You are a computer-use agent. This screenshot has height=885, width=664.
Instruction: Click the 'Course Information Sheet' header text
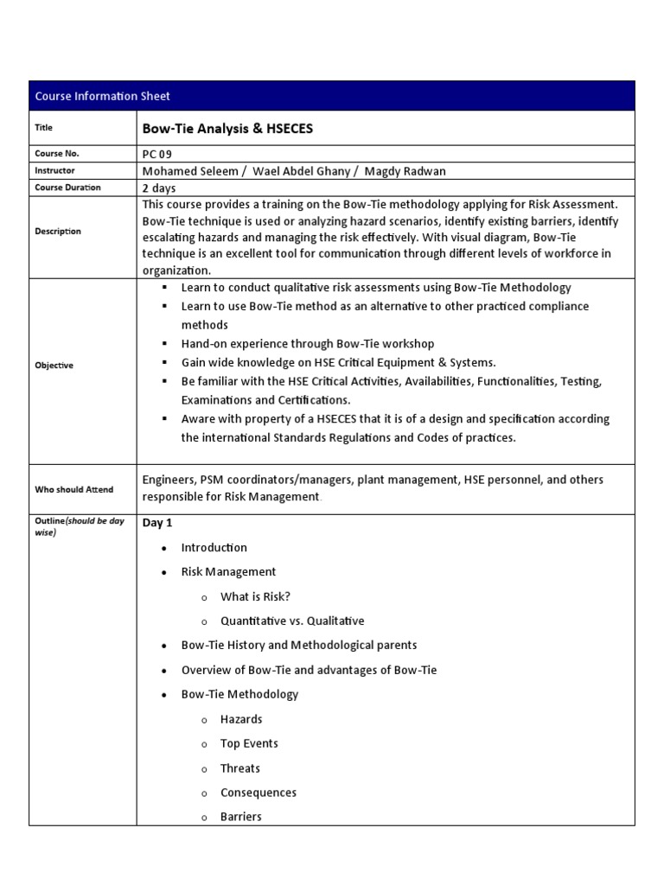coord(102,96)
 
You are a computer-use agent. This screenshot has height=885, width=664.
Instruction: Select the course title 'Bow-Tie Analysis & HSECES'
coord(227,129)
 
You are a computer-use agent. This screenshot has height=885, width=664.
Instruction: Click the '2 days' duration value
coord(162,188)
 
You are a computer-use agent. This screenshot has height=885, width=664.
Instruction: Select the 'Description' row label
coord(58,231)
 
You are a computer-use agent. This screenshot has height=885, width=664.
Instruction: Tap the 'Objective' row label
coord(54,365)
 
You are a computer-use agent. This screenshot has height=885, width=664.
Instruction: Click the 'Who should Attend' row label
coord(73,489)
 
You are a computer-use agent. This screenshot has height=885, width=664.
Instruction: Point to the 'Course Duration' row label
coord(67,188)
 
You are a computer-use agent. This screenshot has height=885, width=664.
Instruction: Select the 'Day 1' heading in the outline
coord(157,523)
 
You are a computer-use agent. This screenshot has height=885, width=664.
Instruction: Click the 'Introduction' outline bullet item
coord(214,547)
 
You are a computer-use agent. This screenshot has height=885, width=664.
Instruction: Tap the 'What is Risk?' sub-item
coord(255,596)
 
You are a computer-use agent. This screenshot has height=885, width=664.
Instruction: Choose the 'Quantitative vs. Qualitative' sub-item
coord(292,621)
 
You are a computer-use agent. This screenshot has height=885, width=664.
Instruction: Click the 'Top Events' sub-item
coord(249,743)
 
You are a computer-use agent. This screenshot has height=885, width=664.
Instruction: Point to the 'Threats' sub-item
coord(239,768)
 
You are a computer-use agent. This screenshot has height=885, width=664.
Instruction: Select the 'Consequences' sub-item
coord(258,793)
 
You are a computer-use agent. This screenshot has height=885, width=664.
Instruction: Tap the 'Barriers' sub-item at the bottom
coord(240,817)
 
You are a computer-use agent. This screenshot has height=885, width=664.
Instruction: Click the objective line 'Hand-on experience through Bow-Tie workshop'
coord(308,343)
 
